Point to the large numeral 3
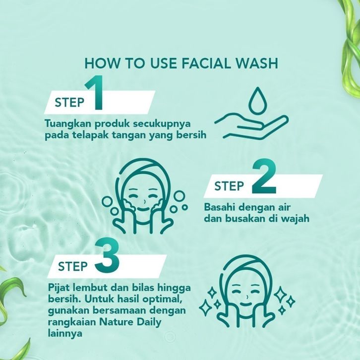[x=107, y=255]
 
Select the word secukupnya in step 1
[x=162, y=124]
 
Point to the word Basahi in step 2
[x=220, y=207]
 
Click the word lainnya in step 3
[x=65, y=333]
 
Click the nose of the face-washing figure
[x=144, y=202]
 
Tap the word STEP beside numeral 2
[x=229, y=186]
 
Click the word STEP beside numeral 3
[x=73, y=266]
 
